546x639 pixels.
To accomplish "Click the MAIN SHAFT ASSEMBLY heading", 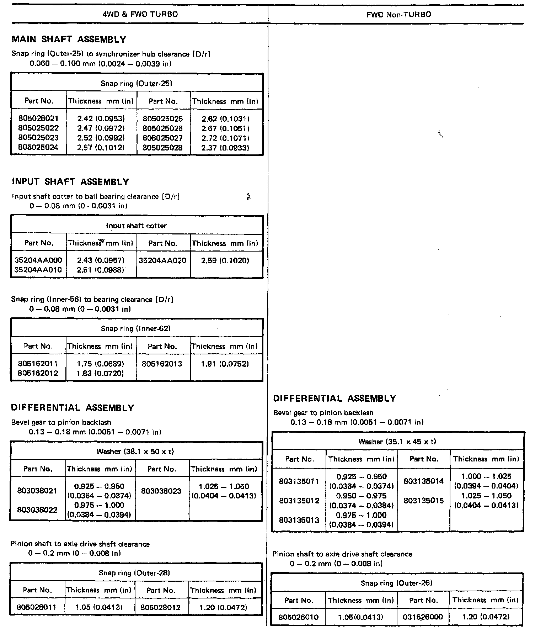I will pos(69,39).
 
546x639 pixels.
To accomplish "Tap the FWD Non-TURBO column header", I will pos(398,15).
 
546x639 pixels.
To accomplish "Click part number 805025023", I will pos(38,138).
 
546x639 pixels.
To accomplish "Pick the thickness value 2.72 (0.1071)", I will pos(225,138).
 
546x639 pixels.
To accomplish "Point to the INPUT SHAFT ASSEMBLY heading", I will pos(70,182).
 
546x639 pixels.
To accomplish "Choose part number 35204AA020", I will pos(162,260).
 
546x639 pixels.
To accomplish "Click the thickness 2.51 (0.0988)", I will pos(101,270).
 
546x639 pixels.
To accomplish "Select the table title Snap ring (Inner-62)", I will pos(136,329).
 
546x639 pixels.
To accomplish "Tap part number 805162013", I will pos(162,364).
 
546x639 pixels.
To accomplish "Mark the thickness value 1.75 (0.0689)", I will pos(100,364).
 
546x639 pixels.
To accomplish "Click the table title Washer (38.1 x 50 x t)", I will pos(135,451).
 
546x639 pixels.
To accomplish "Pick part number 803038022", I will pos(37,510).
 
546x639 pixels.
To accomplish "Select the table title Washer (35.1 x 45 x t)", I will pos(397,442).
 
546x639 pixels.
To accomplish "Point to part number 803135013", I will pos(299,520).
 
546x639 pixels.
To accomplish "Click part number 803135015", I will pos(424,501).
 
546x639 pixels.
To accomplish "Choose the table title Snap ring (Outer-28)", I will pos(134,573).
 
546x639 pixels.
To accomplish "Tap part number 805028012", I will pos(161,608).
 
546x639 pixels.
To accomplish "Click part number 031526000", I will pos(423,617).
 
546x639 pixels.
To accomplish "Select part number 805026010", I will pos(299,617).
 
